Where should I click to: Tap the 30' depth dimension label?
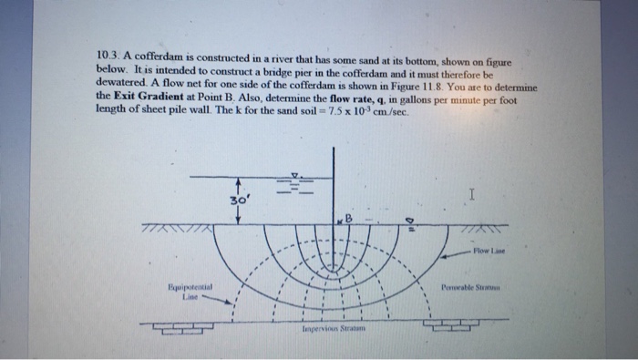click(238, 199)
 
